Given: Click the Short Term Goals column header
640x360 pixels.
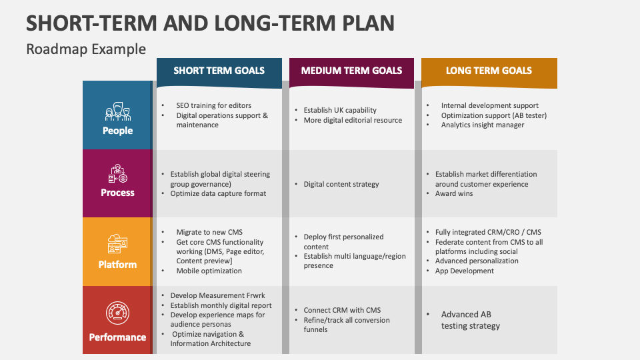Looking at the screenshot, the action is click(219, 71).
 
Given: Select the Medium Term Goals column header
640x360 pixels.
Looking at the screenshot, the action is click(351, 71).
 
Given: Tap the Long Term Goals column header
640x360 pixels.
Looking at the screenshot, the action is click(489, 71).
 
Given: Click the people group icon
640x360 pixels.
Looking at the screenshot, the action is click(117, 111).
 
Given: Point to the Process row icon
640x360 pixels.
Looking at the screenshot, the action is click(117, 173).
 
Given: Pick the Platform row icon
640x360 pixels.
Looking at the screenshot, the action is click(117, 244).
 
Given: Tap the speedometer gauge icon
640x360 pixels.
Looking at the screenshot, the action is click(117, 313).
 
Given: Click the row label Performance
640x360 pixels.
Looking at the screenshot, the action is click(117, 337).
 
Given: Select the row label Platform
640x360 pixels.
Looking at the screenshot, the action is click(117, 265).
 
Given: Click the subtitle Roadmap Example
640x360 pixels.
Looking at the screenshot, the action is click(86, 49).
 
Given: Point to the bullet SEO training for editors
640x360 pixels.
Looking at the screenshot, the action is click(214, 105).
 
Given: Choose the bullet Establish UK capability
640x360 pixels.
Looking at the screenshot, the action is click(340, 110).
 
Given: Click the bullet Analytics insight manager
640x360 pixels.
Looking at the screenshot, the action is click(483, 125).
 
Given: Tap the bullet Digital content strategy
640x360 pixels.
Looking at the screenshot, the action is click(341, 184).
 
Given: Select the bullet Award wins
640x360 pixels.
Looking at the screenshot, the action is click(454, 193).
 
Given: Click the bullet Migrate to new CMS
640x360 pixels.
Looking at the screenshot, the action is click(209, 232).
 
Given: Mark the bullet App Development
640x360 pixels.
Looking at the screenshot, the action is click(465, 271).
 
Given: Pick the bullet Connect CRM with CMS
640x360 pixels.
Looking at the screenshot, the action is click(342, 310).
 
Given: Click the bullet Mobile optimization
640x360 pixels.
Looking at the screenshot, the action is click(209, 271).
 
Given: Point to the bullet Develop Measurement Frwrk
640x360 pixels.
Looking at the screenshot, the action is click(217, 295).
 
